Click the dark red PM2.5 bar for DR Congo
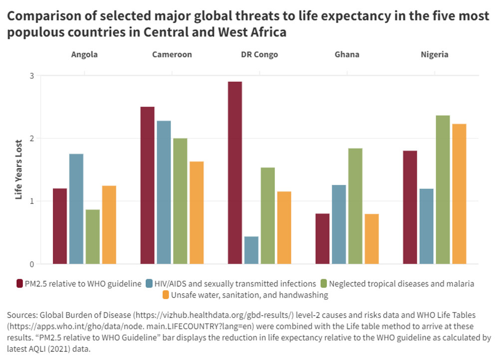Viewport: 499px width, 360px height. tap(235, 173)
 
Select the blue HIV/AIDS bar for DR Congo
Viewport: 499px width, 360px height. tap(251, 250)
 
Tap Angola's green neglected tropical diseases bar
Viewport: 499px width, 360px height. tap(92, 236)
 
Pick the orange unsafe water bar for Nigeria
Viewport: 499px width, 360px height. tap(459, 193)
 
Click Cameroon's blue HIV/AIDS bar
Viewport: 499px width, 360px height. tap(164, 192)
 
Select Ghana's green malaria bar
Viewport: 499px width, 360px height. tap(355, 206)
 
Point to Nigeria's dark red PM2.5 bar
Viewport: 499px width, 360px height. tap(410, 207)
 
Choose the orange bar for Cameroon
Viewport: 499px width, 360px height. tap(197, 212)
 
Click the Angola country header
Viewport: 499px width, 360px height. tap(84, 54)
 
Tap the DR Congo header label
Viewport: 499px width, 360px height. tap(259, 54)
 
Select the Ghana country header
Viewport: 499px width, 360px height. tap(347, 54)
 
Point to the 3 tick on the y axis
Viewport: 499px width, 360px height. tap(31, 76)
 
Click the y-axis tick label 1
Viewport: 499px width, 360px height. tap(31, 201)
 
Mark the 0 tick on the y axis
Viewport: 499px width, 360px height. tap(31, 264)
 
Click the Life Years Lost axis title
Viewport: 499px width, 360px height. tap(19, 170)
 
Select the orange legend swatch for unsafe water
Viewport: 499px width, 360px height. tap(166, 295)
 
